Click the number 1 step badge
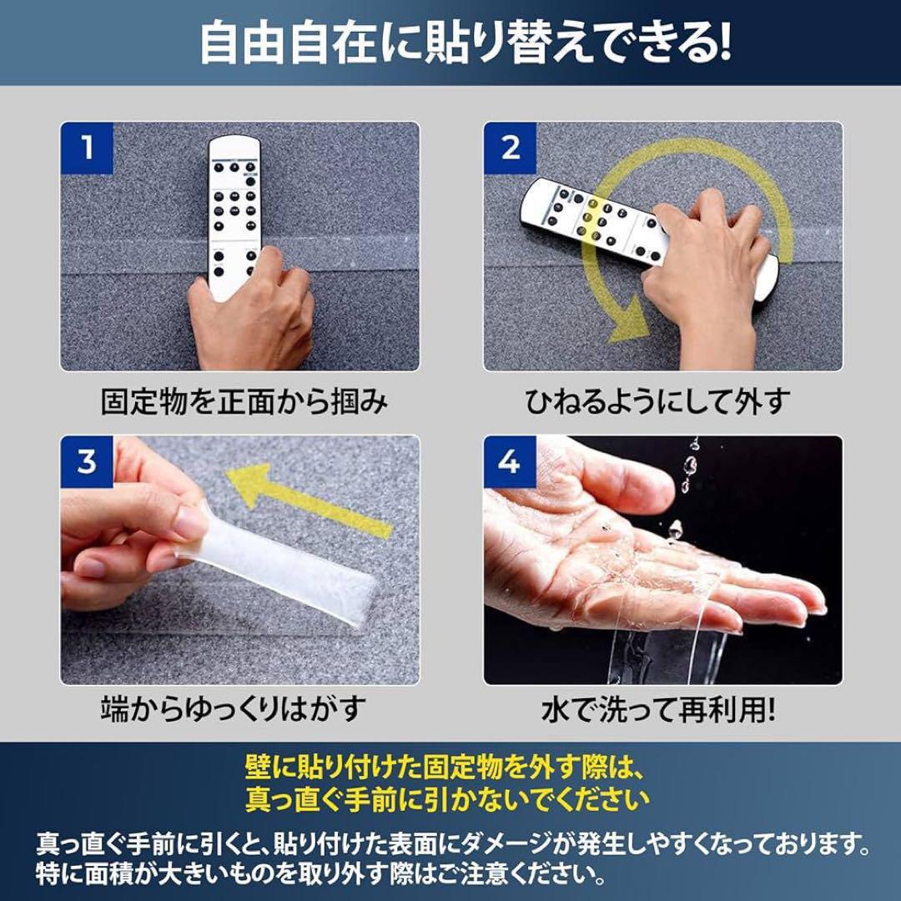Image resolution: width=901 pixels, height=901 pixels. (x=87, y=148)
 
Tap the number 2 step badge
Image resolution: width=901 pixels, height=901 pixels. (x=510, y=148)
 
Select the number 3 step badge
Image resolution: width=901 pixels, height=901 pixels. (x=87, y=461)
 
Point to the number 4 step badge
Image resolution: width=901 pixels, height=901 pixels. (x=510, y=461)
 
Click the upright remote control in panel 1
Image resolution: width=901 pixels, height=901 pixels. (x=234, y=213)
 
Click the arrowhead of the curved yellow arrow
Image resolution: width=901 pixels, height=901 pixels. (x=629, y=320)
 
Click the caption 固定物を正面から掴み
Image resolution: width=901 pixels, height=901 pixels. (x=244, y=401)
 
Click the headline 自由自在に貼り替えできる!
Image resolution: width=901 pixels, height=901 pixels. (x=466, y=43)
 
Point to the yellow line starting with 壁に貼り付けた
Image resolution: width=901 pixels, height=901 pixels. (x=445, y=768)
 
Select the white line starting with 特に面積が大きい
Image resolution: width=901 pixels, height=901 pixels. (x=320, y=874)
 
